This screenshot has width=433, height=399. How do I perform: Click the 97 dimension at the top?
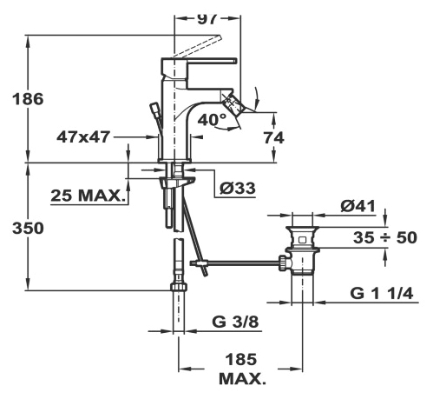207,19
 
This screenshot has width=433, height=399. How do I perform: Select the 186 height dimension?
28,99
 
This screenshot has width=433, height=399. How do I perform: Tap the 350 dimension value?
28,229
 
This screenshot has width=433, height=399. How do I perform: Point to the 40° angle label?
212,119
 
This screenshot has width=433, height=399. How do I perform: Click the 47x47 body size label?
83,137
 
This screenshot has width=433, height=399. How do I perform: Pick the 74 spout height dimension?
274,138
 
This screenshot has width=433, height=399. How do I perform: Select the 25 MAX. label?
87,196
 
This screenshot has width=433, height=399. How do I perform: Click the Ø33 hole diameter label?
238,189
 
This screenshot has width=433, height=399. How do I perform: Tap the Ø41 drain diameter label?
358,206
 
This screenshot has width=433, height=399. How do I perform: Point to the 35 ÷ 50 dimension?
385,238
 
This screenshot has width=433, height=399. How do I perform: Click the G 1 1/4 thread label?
382,293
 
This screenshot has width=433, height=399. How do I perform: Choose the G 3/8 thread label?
235,322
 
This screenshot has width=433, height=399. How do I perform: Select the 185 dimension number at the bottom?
241,360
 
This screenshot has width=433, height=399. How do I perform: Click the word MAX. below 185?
242,379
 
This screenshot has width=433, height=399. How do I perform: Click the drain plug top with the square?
302,237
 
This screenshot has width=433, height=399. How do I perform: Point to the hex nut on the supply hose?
178,286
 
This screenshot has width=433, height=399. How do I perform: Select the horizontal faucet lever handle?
212,61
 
